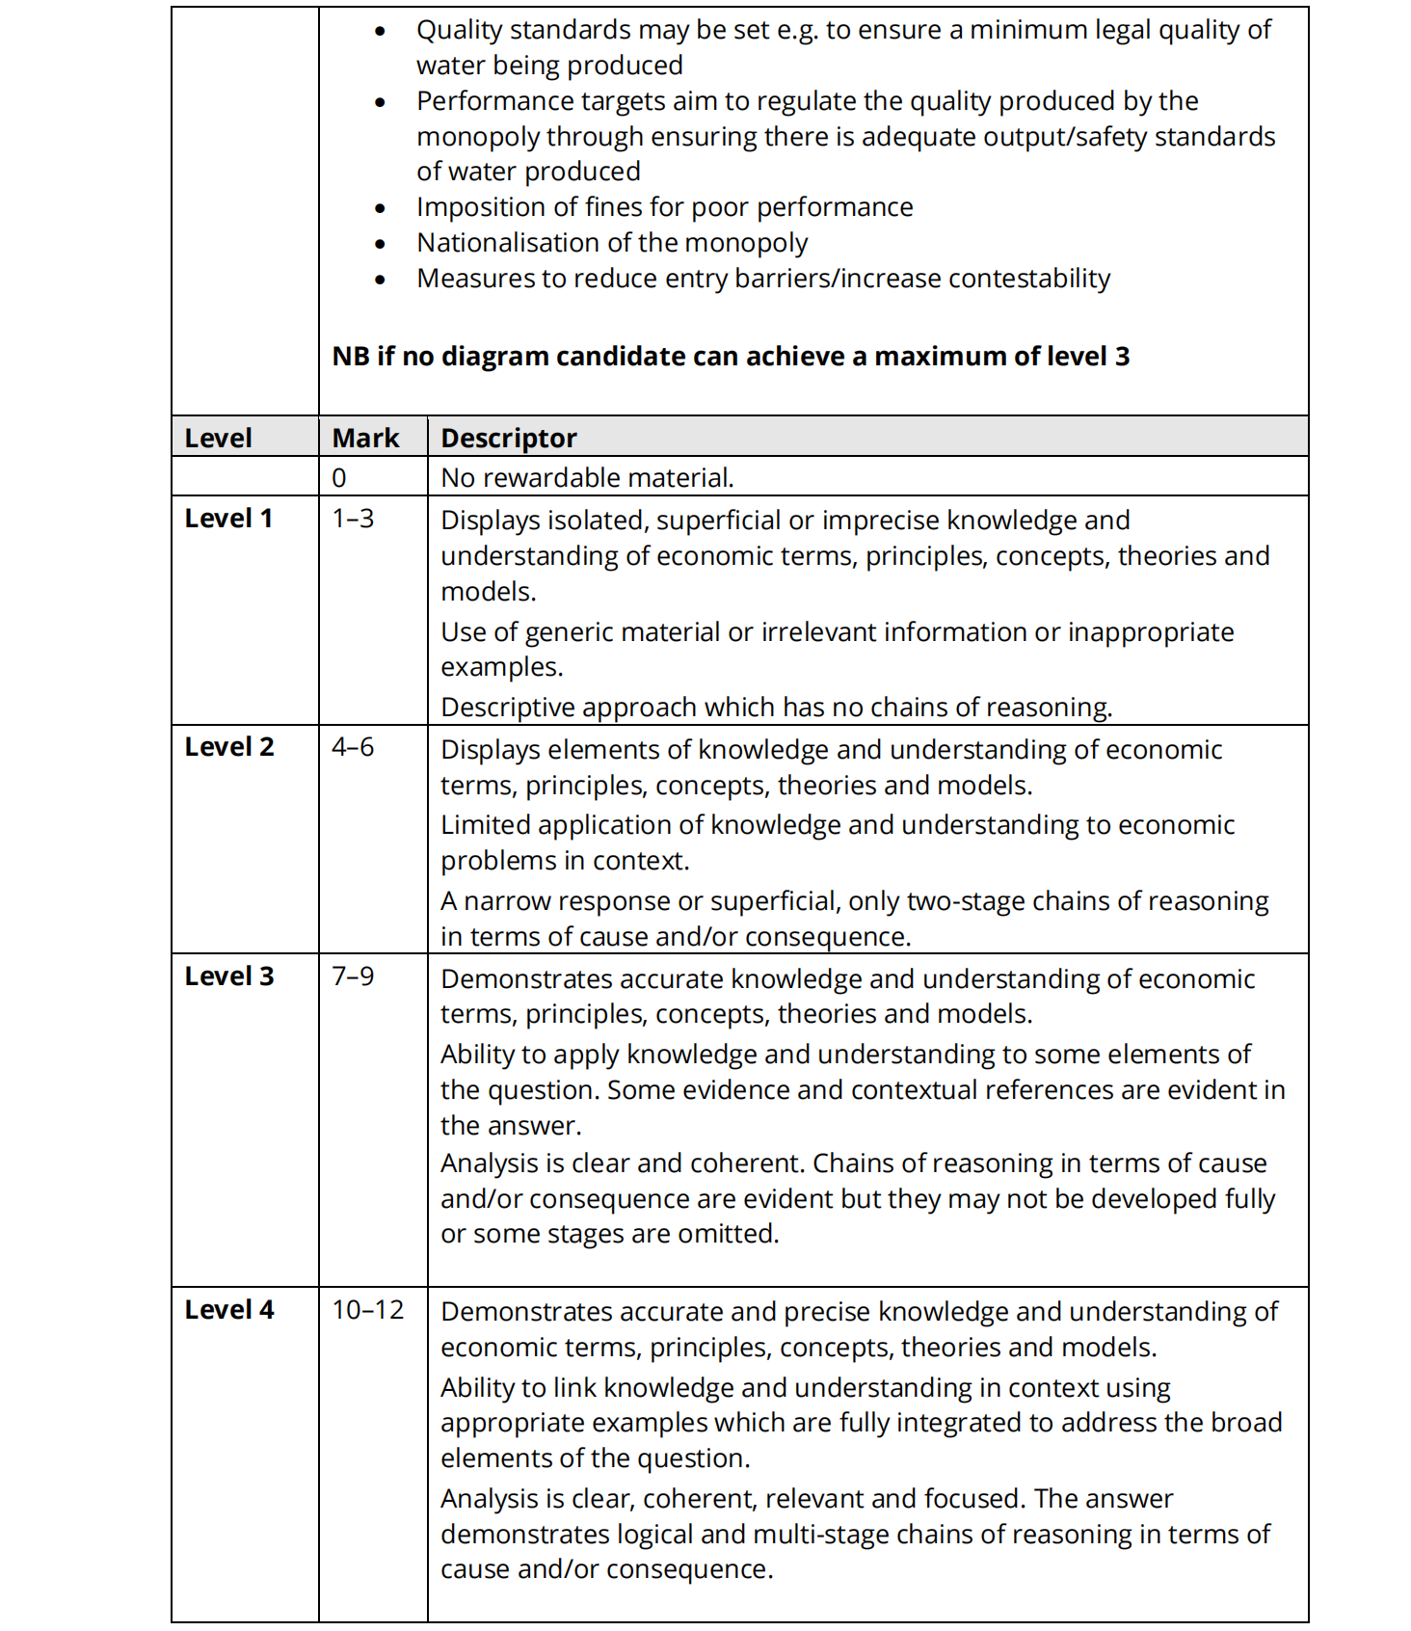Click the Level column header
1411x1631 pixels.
point(218,438)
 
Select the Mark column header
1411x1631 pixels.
point(365,438)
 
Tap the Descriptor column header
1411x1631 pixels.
point(508,438)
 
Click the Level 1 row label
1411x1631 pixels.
point(228,519)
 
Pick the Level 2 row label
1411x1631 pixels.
point(229,747)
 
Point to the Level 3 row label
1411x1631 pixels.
point(229,976)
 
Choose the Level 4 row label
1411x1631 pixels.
point(229,1310)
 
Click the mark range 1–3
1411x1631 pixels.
point(353,519)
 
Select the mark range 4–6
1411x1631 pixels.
point(353,747)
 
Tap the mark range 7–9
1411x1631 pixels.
point(353,976)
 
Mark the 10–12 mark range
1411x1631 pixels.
point(368,1310)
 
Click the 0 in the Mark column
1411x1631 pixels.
point(339,478)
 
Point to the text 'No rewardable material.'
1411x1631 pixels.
point(587,478)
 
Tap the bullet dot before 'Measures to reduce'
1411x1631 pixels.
point(381,280)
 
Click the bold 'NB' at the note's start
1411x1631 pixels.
point(351,357)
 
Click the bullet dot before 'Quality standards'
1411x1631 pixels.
point(381,32)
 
